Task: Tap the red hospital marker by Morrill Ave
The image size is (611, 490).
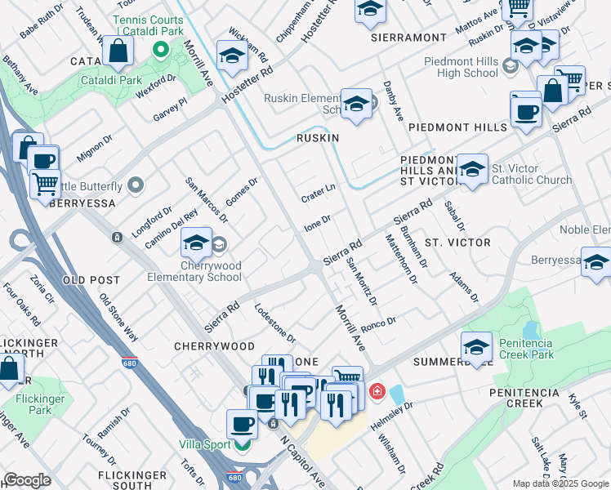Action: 377,391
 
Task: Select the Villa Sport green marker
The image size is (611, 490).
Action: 241,445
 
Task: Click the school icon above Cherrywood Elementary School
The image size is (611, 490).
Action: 196,242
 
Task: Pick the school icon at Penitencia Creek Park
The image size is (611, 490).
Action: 476,345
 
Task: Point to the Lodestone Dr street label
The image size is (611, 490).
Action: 274,324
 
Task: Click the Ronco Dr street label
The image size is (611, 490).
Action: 378,324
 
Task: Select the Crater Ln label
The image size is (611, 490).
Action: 319,193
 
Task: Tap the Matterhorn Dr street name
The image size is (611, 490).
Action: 400,259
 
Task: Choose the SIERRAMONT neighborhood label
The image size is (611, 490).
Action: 408,38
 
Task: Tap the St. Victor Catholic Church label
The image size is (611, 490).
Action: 531,174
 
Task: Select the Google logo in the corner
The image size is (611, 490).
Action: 27,480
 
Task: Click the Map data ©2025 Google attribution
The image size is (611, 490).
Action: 560,483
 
